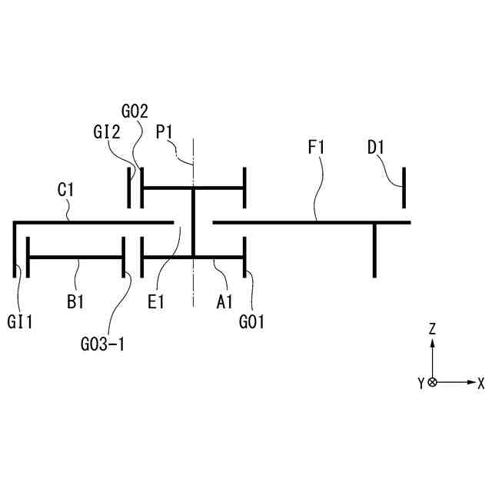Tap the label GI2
pyautogui.click(x=107, y=131)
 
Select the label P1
pyautogui.click(x=165, y=131)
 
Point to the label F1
pyautogui.click(x=317, y=147)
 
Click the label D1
pyautogui.click(x=376, y=147)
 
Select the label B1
pyautogui.click(x=75, y=302)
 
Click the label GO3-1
pyautogui.click(x=102, y=344)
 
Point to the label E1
pyautogui.click(x=156, y=302)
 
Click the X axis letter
pyautogui.click(x=480, y=382)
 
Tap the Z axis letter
pyautogui.click(x=433, y=328)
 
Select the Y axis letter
pyautogui.click(x=421, y=383)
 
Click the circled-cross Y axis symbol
pyautogui.click(x=433, y=382)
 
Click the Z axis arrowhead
pyautogui.click(x=433, y=343)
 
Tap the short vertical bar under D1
pyautogui.click(x=404, y=188)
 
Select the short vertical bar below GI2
pyautogui.click(x=129, y=188)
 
